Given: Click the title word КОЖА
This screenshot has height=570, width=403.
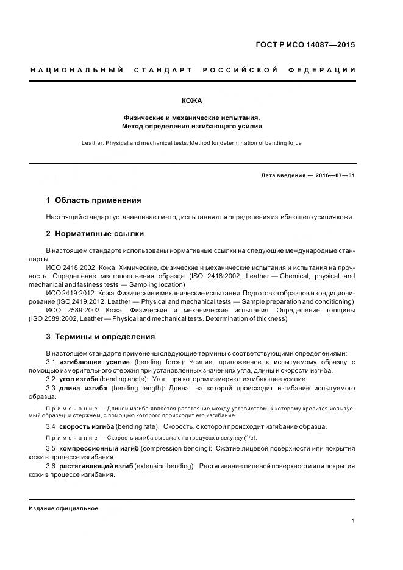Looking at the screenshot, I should coord(192,100).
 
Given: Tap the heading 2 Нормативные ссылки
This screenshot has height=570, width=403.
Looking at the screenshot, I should coord(95,234).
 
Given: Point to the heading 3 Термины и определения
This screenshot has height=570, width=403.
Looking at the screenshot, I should coord(101,336).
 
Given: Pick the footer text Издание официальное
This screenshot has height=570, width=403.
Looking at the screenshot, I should coord(63,508).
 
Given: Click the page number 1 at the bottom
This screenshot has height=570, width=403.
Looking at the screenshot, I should coord(354,521).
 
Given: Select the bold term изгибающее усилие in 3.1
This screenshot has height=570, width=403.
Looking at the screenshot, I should coord(95,362).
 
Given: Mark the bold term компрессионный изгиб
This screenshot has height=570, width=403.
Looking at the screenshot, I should coord(99,448).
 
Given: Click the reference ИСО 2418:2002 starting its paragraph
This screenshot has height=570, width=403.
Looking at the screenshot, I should coord(70,267).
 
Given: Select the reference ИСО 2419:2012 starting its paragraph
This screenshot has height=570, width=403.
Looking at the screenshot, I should coord(70,293).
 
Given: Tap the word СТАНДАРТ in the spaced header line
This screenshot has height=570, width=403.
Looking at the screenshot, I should coord(163,71).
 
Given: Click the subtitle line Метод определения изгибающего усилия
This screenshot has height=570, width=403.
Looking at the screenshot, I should coord(191,126).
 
